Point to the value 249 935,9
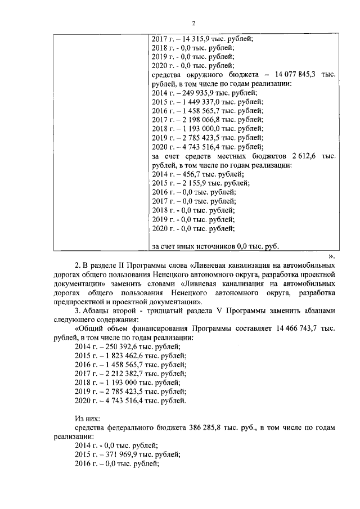(195, 93)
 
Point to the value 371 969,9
(118, 454)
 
